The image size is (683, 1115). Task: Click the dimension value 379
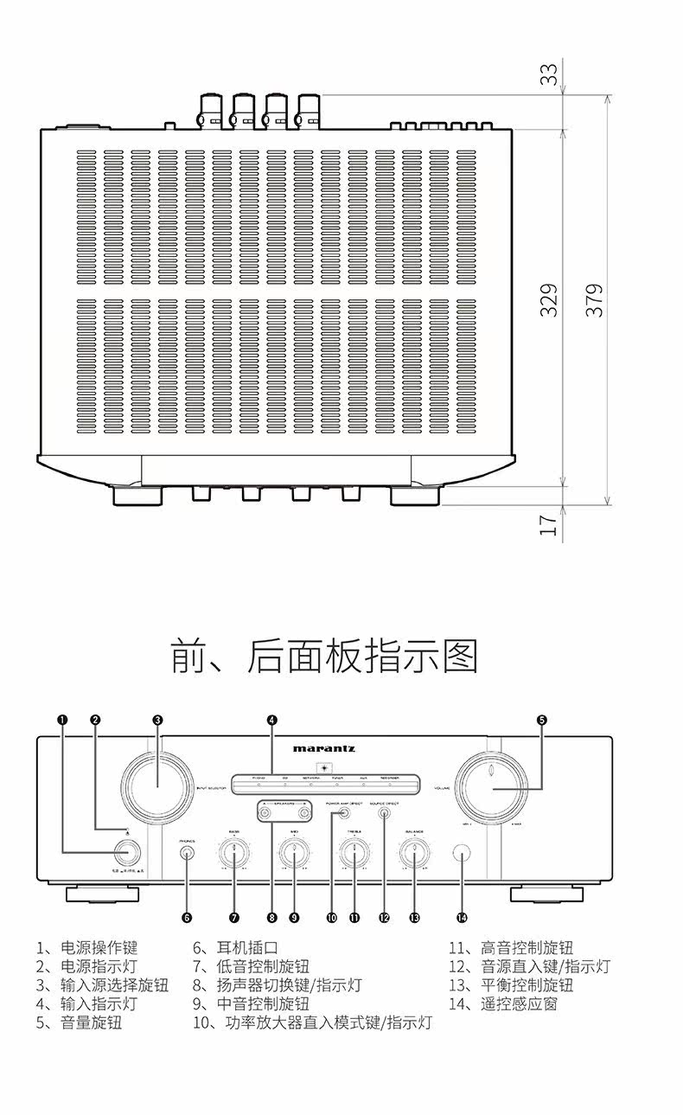[594, 299]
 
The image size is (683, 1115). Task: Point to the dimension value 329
[550, 299]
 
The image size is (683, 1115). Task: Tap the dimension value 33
[550, 76]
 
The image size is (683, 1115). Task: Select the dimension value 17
[550, 524]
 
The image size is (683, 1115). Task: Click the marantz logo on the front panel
[323, 748]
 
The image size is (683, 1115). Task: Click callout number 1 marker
[62, 719]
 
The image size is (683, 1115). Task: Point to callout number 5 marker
[542, 719]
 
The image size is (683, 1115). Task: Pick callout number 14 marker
[462, 917]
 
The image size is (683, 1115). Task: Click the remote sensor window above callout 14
[462, 854]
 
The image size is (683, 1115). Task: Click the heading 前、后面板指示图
[323, 657]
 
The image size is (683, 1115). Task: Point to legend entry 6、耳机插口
[235, 948]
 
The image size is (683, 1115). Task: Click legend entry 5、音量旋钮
[79, 1022]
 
